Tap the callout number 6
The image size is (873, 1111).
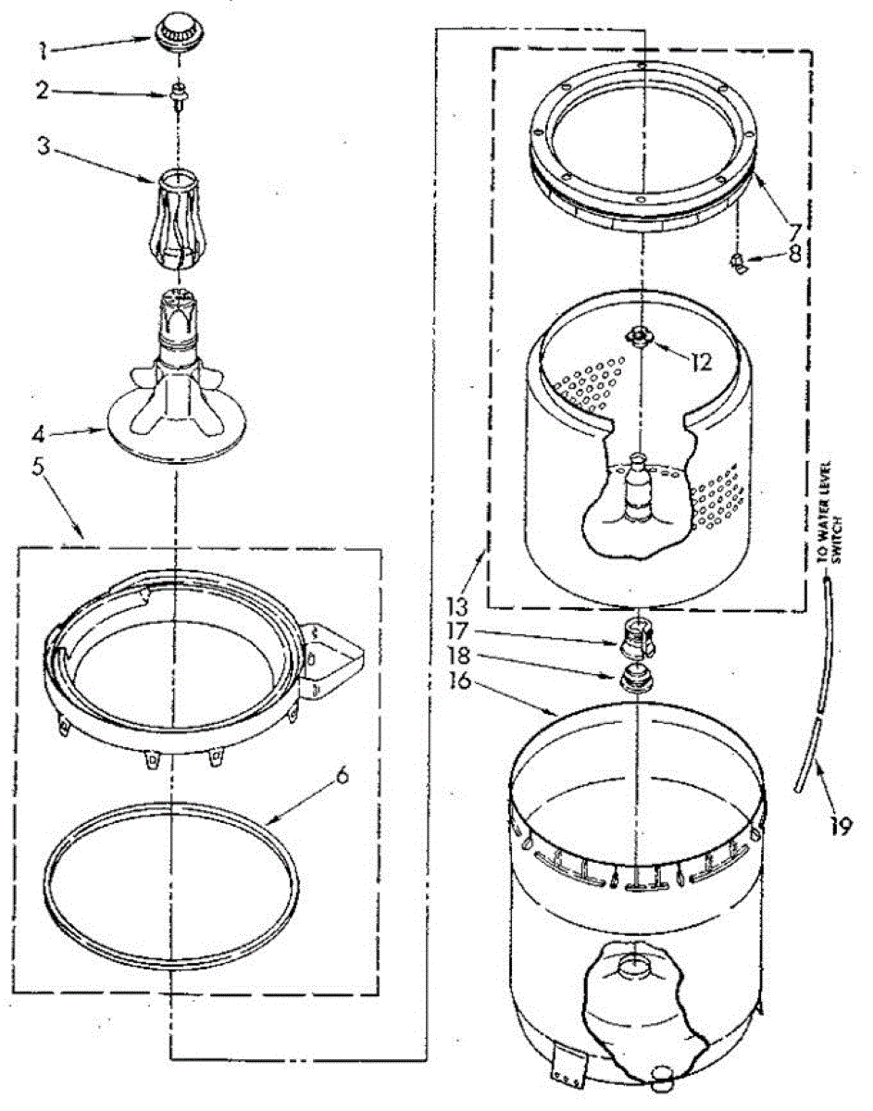(x=343, y=776)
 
